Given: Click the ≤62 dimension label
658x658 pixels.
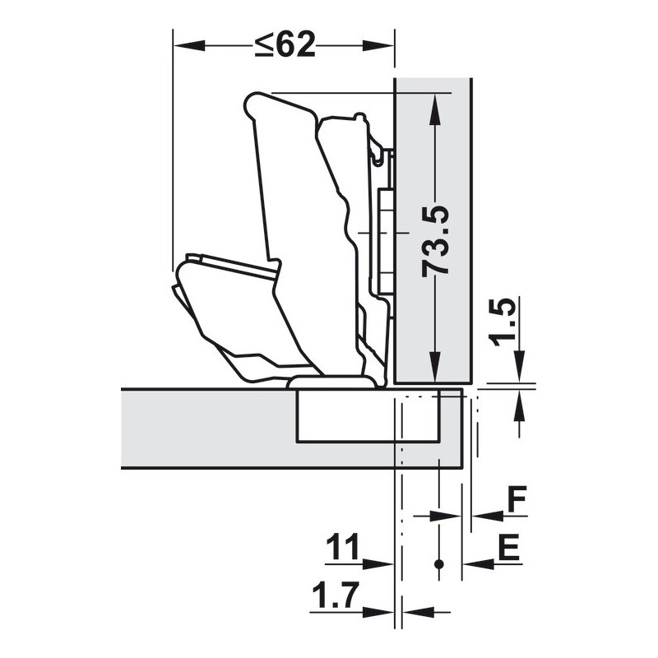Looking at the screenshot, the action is point(285,45).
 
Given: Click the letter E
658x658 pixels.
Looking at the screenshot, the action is point(509,547).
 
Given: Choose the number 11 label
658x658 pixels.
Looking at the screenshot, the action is point(343,547).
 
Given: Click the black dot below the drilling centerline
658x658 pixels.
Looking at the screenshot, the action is point(439,564).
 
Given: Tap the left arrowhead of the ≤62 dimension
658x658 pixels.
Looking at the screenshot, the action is point(189,46).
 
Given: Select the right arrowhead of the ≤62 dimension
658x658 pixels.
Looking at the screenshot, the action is point(378,46).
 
